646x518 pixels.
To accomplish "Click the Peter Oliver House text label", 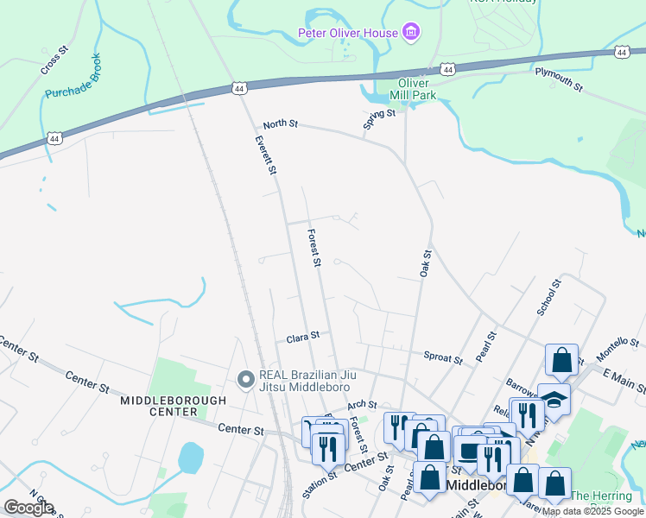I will [x=347, y=34].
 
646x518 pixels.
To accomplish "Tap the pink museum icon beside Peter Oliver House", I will [x=411, y=34].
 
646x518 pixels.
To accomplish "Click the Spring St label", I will [x=378, y=119].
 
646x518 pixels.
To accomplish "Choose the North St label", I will [x=280, y=124].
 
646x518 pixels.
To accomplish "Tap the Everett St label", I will [x=265, y=156].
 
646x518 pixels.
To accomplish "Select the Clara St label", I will [x=303, y=335].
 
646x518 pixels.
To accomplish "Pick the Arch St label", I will [x=363, y=404].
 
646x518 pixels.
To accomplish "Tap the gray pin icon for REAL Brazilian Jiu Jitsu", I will [x=245, y=378].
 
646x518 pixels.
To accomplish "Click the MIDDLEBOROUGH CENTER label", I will [x=173, y=406].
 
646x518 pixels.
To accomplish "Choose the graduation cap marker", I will [x=554, y=399].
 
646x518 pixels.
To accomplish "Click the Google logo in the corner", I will [x=28, y=507].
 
